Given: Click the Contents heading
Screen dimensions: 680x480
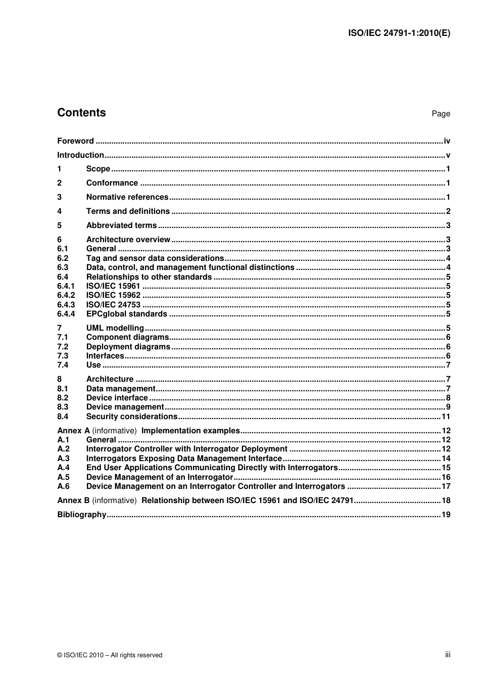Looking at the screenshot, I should pos(81,113).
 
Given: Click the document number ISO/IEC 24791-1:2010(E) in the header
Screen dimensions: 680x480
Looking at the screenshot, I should pos(399,33).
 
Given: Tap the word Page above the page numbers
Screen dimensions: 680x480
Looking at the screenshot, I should pos(441,114).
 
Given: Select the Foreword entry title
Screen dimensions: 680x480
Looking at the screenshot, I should pos(75,141).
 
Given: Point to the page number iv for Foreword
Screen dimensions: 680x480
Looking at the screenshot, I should pos(447,141).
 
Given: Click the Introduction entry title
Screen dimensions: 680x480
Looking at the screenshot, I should pos(80,155).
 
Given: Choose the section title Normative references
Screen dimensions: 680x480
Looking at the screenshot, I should pos(127,197).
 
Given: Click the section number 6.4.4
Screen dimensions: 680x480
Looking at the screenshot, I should pos(66,314).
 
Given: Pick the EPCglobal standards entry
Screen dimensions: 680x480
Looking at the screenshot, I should pos(126,314).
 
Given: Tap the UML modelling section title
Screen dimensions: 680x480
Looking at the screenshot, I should pos(115,328).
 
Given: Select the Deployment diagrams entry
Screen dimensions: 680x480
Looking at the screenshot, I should pos(128,347).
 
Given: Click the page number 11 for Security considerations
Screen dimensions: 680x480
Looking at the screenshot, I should pos(446,417).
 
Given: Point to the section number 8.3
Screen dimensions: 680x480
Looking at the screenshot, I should pos(63,407).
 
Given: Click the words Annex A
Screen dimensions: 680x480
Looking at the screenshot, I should pos(73,431).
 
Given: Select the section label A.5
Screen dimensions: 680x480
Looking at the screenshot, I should pos(63,477).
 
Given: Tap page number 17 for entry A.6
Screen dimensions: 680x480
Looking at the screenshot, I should pos(446,486).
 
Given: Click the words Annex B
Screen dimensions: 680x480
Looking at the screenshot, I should pos(73,501).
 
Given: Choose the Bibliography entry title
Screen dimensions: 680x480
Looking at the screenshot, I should pos(82,515).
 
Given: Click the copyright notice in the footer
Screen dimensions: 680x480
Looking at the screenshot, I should pos(110,655).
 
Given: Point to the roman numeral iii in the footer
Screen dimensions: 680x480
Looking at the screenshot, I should pos(448,655).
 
